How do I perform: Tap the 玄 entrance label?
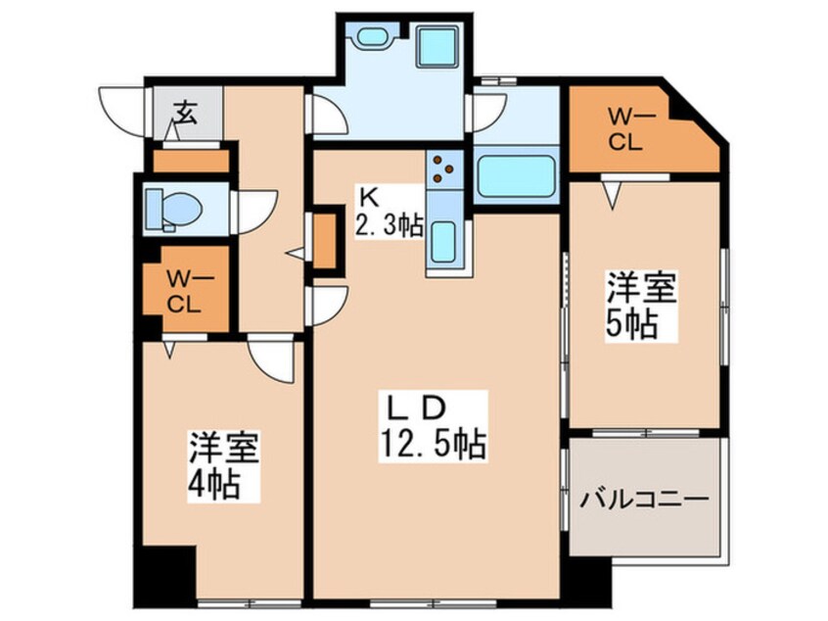tap(185, 112)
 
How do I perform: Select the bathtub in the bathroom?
tap(516, 176)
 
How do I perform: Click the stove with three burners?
tap(444, 167)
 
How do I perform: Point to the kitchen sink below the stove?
tap(443, 239)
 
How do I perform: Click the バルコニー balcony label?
tap(645, 501)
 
